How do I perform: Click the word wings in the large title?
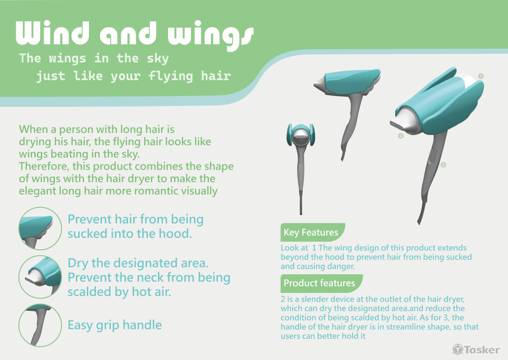pos(211,36)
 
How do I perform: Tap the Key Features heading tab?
pos(312,232)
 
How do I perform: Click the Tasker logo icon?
pos(458,349)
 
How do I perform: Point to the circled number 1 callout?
pos(481,76)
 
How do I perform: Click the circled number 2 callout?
pos(401,136)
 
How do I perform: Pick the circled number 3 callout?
pos(443,165)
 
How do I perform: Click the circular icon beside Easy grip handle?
pos(40,325)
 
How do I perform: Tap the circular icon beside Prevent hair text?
pos(40,228)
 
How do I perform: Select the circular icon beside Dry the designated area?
pos(40,277)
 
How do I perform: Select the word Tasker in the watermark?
pos(482,350)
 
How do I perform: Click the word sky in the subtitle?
pos(158,58)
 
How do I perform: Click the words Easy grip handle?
pos(115,325)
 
